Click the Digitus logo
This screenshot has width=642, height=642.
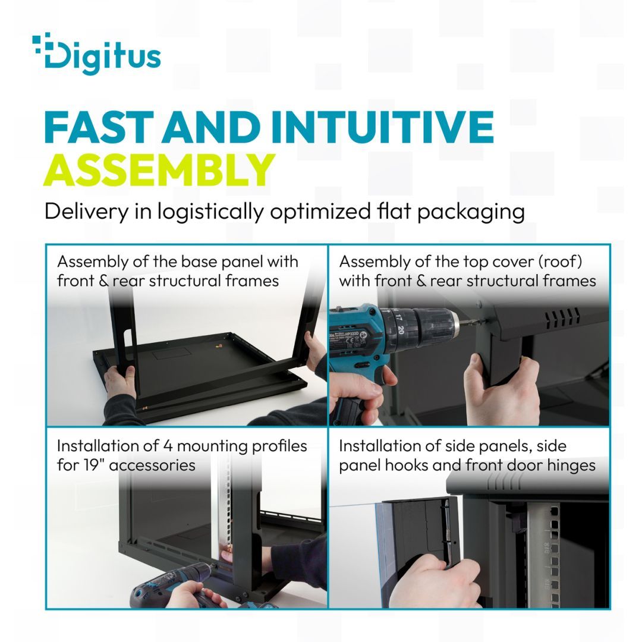pos(96,54)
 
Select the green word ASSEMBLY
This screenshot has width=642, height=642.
pos(159,170)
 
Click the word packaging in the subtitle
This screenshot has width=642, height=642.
pos(471,212)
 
